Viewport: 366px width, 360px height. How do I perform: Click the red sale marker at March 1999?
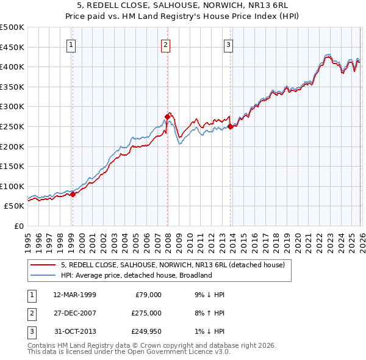[73, 194]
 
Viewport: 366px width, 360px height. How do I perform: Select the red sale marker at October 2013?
[230, 127]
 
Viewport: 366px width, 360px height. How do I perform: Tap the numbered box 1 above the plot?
[72, 44]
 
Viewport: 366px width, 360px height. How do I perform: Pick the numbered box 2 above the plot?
[166, 44]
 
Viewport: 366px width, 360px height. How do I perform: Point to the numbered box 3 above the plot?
[229, 44]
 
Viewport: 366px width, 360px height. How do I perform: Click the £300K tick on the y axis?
[12, 107]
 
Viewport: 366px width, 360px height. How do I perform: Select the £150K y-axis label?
[12, 166]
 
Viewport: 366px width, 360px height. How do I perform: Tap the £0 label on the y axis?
[18, 226]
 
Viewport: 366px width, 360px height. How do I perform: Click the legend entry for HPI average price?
[135, 275]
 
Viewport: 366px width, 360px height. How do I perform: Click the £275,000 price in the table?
[147, 314]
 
